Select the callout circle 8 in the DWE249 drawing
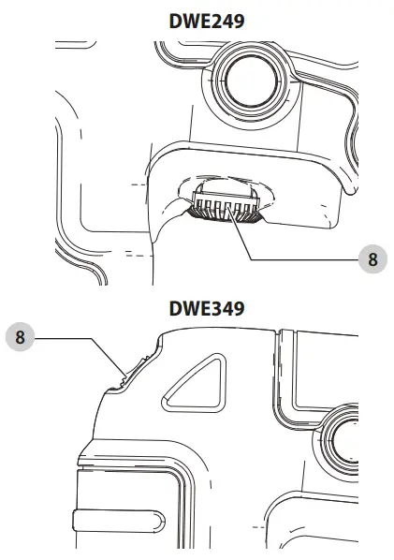point(372,259)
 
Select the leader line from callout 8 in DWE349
point(84,339)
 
